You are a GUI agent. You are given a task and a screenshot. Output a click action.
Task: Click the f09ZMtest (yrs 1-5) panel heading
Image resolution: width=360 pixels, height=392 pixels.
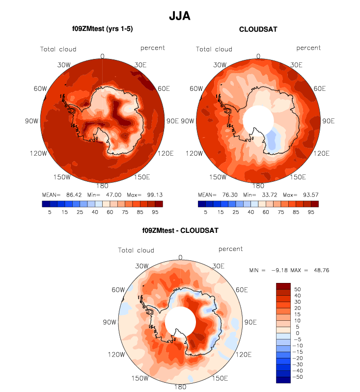[103, 29]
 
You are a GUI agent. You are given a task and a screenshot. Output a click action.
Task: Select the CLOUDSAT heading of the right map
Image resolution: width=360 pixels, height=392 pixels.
[258, 29]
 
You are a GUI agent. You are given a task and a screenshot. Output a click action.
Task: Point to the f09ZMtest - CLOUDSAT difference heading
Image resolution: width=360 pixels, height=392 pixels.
[180, 230]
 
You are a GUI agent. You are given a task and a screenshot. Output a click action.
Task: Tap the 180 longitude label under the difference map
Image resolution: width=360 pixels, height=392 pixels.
[180, 387]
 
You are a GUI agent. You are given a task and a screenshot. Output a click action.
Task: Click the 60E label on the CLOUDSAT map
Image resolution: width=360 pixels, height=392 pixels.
[320, 88]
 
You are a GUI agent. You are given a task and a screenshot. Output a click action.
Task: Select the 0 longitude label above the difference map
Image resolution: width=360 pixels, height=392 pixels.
[180, 257]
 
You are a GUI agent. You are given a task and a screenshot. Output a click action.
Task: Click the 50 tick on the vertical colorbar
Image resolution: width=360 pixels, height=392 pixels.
[297, 290]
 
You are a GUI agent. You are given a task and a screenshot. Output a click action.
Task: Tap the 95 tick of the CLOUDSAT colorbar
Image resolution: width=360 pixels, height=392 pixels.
[311, 212]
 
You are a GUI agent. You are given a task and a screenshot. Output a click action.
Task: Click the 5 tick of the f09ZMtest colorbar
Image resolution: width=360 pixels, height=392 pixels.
[49, 212]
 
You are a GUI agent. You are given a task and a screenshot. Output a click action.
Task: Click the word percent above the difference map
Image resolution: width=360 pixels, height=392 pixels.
[231, 249]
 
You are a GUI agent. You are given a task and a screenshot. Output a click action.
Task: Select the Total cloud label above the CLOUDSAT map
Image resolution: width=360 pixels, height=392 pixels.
[214, 49]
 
